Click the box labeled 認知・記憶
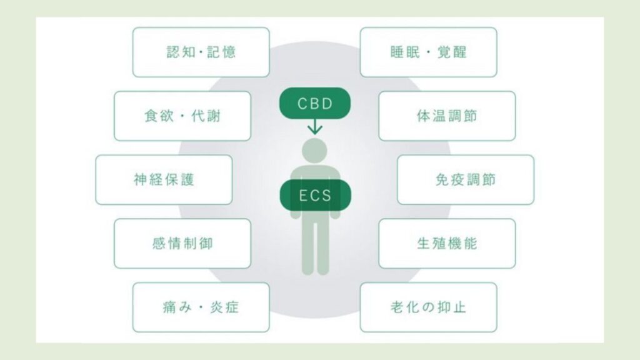click(201, 52)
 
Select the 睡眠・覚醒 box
click(428, 52)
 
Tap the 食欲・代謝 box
click(182, 116)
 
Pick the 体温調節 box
click(447, 116)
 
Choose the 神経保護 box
click(164, 179)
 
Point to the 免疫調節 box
click(465, 179)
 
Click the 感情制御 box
click(182, 243)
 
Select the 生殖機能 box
click(447, 243)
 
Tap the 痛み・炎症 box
click(201, 307)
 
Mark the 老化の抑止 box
click(428, 307)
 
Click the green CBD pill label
click(315, 103)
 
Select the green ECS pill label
click(315, 195)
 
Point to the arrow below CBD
click(315, 126)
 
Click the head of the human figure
click(314, 151)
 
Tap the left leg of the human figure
click(307, 247)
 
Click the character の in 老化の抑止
click(427, 307)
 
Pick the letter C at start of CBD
click(302, 104)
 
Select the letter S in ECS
click(326, 196)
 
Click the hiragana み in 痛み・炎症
click(184, 307)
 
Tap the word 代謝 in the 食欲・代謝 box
click(206, 116)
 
